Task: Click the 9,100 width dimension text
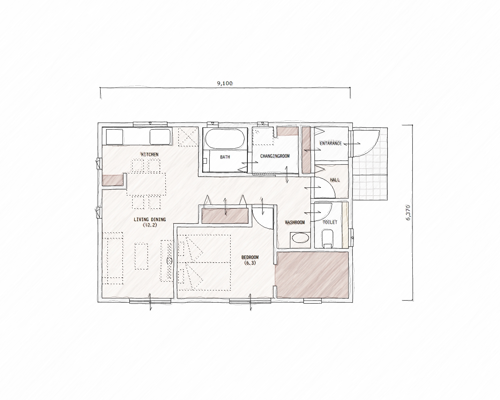tap(225, 83)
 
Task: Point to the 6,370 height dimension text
tap(408, 213)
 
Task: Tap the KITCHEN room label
tap(150, 155)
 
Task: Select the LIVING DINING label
tap(150, 220)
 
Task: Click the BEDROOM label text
tap(250, 257)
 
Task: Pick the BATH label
tap(225, 157)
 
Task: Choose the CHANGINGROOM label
tap(275, 156)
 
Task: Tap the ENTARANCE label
tap(331, 143)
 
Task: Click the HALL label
tap(335, 180)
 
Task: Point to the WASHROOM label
tap(295, 222)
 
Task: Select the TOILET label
tap(330, 222)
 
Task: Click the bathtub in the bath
tap(225, 139)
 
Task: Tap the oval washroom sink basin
tap(300, 238)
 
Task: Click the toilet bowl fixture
tap(328, 239)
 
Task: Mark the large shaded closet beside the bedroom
tap(312, 275)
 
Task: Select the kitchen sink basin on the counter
tap(160, 137)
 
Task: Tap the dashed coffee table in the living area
tap(141, 256)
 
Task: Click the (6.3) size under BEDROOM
tap(250, 263)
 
